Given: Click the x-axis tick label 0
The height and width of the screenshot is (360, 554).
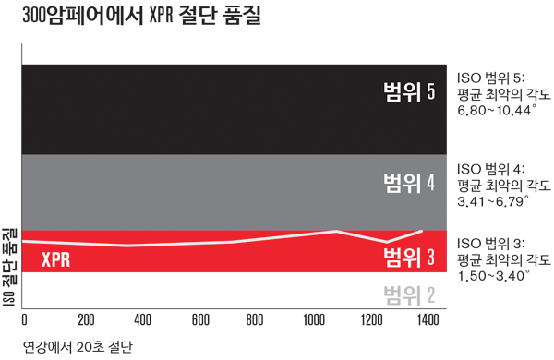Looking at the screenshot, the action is click(24, 319).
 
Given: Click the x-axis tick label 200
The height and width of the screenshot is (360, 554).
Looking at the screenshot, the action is click(86, 319).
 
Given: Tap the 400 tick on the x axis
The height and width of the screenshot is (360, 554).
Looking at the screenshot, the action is click(143, 319).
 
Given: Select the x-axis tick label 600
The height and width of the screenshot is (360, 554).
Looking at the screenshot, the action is click(200, 319).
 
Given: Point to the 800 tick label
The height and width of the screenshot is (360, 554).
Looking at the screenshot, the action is click(255, 319).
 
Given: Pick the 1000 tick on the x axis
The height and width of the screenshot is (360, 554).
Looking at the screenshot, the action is click(314, 319).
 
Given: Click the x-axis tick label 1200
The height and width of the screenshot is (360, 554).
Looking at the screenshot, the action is click(372, 319).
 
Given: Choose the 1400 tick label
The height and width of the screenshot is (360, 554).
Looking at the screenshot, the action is click(428, 319).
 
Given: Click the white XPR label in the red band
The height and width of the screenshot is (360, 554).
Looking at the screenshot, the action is click(55, 259).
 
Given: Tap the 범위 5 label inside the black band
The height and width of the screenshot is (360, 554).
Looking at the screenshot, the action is click(409, 92).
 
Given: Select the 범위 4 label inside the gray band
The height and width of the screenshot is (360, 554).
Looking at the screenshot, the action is click(409, 183).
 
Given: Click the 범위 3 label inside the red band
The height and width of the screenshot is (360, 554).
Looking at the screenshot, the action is click(409, 257).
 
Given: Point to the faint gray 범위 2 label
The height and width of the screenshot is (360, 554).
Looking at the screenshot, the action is click(409, 295).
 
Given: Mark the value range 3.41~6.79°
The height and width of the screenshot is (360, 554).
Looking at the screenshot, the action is click(493, 202).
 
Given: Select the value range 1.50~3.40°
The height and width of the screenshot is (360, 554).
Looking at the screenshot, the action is click(494, 276).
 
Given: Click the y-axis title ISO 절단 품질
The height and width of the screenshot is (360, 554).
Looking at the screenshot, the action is click(9, 267).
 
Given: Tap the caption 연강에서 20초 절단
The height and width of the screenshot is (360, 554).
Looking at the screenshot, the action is click(78, 347).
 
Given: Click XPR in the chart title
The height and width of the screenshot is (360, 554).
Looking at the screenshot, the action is click(161, 16).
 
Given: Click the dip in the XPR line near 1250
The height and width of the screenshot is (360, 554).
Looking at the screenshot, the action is click(387, 242).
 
